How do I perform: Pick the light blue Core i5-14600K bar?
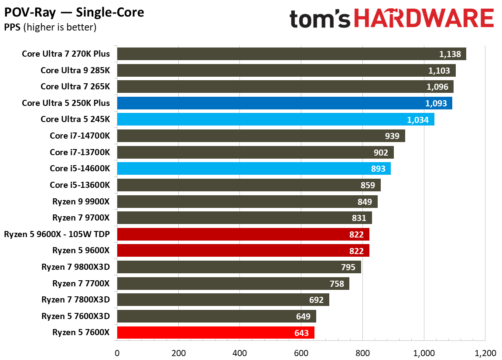click(x=253, y=169)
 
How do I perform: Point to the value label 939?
click(x=392, y=136)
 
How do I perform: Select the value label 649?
click(x=303, y=316)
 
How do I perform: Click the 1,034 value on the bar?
click(x=418, y=119)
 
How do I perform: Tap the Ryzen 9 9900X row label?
click(x=81, y=201)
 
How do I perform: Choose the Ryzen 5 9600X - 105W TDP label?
click(x=57, y=234)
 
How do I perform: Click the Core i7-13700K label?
click(x=80, y=152)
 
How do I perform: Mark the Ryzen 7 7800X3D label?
click(x=75, y=300)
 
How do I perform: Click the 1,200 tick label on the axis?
click(x=485, y=352)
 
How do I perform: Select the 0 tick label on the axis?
click(x=117, y=352)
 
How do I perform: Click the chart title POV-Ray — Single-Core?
click(x=74, y=13)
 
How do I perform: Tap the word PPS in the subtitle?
click(x=12, y=27)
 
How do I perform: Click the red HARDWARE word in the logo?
click(x=423, y=19)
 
